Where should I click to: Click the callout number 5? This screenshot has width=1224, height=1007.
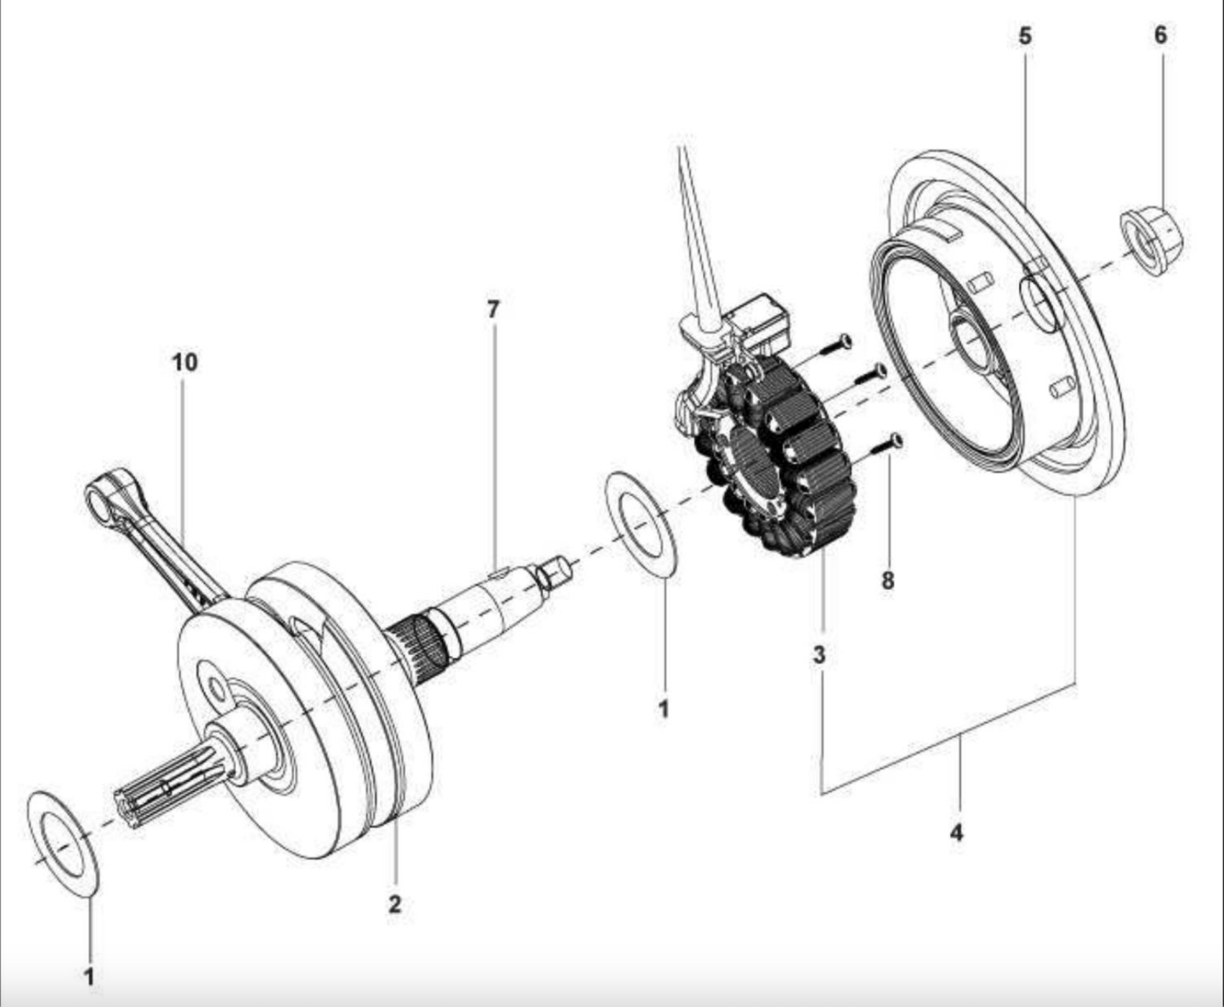(1025, 36)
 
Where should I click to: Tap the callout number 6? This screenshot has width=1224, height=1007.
(1160, 35)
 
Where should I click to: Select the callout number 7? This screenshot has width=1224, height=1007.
(493, 309)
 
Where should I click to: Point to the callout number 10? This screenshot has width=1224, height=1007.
(184, 363)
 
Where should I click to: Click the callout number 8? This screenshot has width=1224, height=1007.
(888, 580)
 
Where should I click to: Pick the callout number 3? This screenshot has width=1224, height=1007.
(819, 655)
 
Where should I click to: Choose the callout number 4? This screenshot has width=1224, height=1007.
(956, 833)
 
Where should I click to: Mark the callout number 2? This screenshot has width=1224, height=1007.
(394, 904)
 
